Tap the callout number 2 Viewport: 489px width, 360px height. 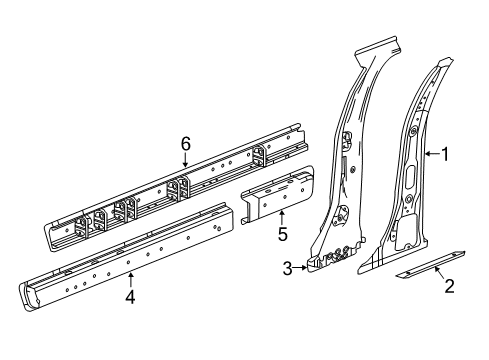click(449, 288)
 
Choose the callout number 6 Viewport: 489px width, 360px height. click(185, 144)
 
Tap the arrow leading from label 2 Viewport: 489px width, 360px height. click(436, 275)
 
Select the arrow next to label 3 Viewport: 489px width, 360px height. click(299, 267)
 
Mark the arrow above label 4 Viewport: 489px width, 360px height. click(130, 278)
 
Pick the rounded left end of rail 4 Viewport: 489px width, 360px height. click(28, 296)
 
